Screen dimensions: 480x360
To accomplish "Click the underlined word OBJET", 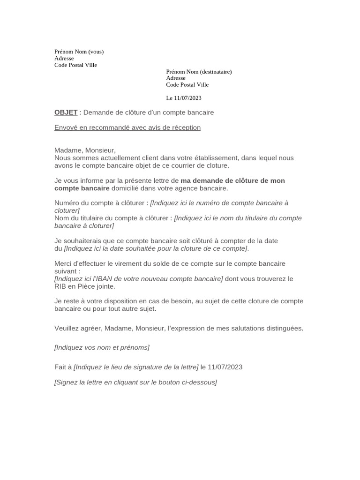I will point(66,112).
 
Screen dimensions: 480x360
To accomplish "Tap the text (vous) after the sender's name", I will point(96,52).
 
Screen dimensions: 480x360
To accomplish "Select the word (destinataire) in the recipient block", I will point(216,72).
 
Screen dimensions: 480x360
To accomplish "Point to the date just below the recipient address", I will point(184,98).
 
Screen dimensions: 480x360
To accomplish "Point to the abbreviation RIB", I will point(60,286).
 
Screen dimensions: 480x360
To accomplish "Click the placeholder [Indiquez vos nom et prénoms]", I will point(102,347).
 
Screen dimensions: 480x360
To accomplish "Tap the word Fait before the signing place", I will point(60,367).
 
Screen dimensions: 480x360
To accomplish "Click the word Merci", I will point(63,263).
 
